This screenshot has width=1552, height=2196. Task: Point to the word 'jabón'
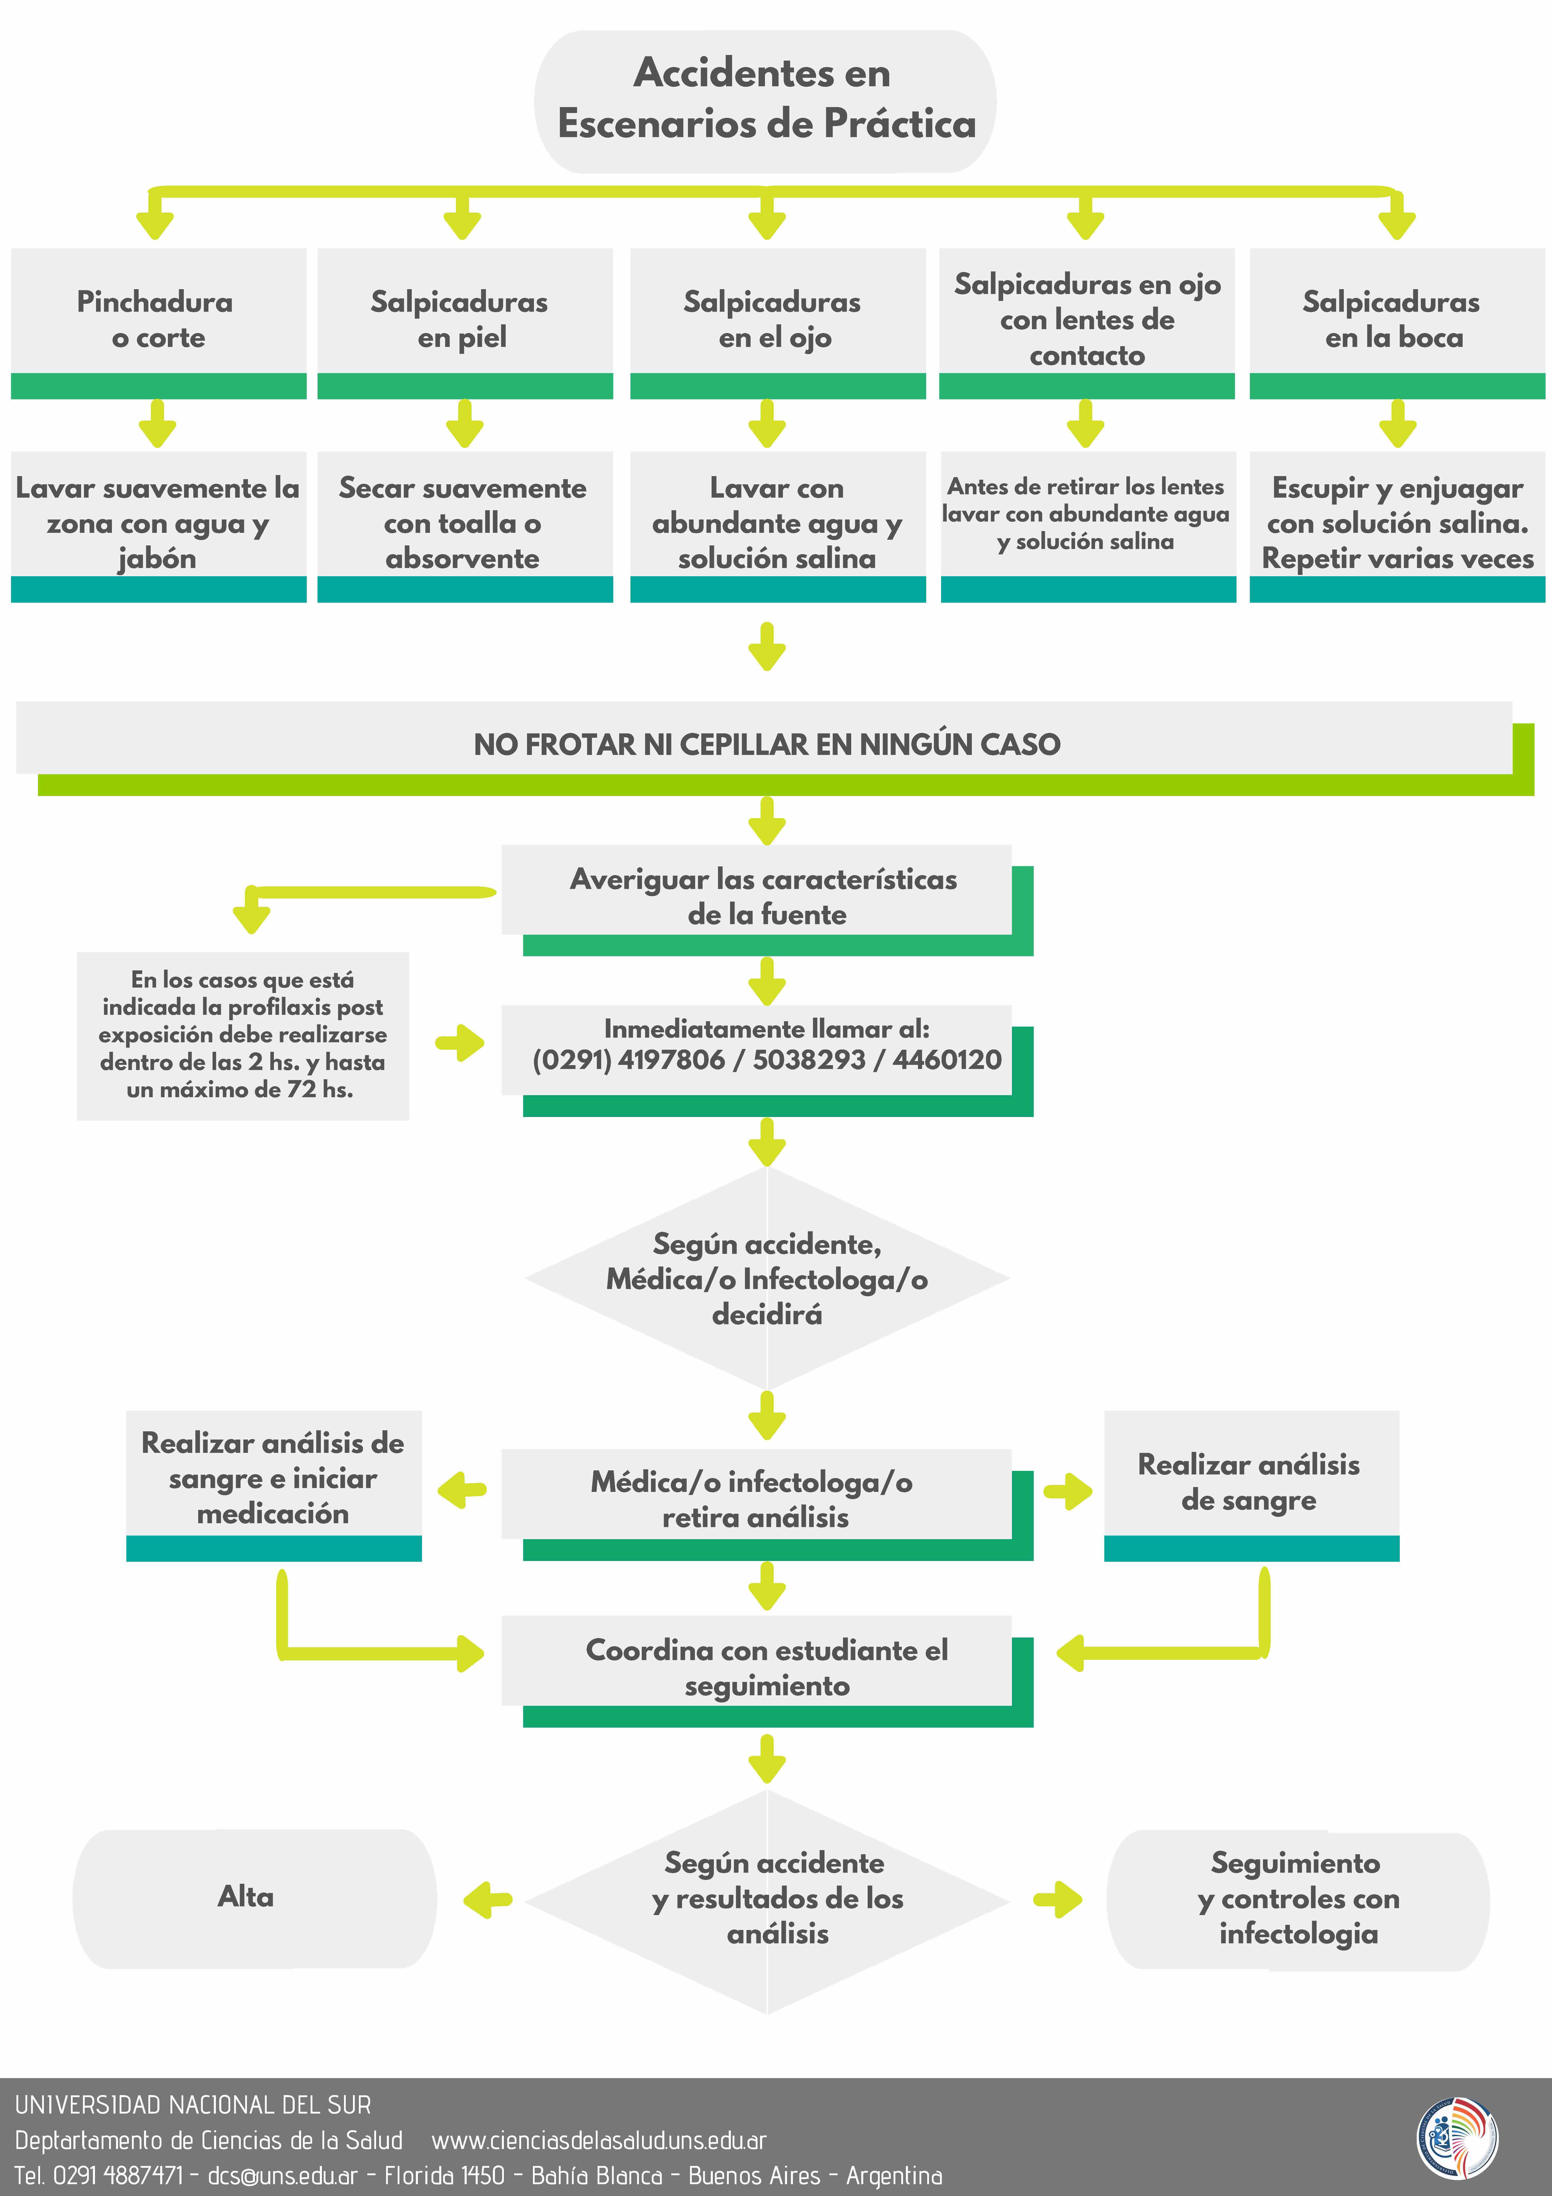point(157,559)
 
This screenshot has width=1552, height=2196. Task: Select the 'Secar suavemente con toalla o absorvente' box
point(464,523)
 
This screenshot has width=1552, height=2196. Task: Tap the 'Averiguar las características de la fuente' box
point(763,896)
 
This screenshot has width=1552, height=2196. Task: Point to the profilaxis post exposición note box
point(243,1035)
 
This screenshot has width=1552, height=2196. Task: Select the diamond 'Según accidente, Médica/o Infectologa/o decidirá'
point(767,1279)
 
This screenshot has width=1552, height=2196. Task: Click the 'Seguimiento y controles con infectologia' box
point(1298,1899)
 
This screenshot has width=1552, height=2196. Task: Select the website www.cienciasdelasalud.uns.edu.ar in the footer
point(599,2141)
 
